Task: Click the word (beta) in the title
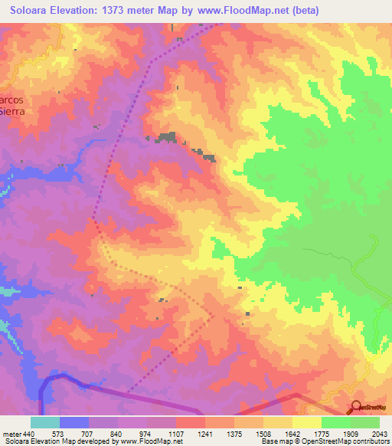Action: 301,10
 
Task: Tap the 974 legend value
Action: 147,433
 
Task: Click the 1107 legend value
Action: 175,433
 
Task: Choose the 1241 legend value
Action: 204,433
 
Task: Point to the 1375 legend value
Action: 234,433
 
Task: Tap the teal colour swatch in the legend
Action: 45,422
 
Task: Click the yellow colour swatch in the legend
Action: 306,422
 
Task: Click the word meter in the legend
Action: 11,433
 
